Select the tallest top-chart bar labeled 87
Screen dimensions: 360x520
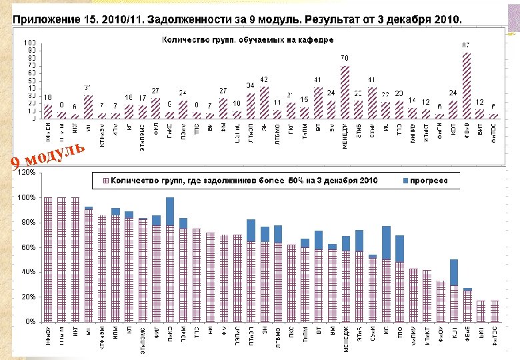[467, 85]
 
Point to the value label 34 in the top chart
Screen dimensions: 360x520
[249, 85]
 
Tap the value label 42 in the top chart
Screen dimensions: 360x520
[264, 79]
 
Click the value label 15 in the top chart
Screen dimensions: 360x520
[303, 99]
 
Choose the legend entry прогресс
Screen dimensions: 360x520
[434, 180]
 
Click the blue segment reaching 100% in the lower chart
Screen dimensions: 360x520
[169, 211]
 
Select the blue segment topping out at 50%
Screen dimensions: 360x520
[453, 272]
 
